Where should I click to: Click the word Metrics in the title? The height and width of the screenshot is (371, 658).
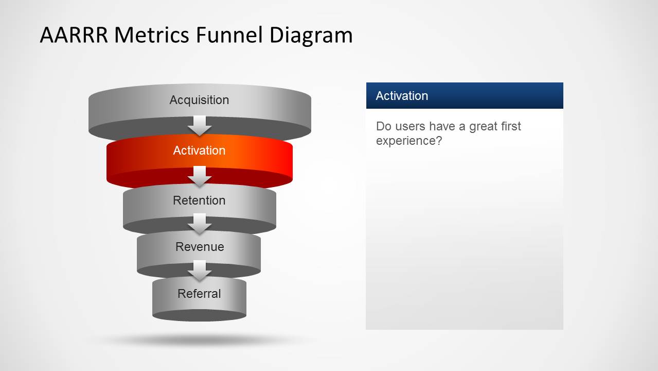(151, 35)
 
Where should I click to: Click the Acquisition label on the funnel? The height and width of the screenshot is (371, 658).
(199, 100)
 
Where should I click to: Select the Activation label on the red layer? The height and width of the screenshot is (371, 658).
(199, 150)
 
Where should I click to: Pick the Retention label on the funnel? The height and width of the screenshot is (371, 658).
(199, 200)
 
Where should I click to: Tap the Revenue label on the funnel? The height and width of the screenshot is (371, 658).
(200, 247)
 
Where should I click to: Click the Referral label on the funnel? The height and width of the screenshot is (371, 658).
(199, 294)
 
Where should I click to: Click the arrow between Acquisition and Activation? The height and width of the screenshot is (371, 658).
(200, 125)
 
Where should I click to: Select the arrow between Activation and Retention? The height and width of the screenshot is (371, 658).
(200, 176)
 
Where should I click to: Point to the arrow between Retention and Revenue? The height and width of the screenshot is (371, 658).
(200, 223)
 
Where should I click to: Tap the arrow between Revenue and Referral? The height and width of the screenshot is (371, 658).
(200, 270)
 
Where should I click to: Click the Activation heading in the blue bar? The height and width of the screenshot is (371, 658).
(402, 96)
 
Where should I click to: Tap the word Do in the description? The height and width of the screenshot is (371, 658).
(383, 127)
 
